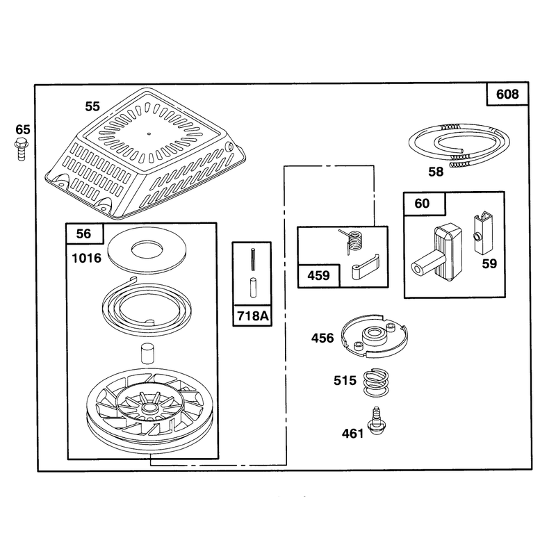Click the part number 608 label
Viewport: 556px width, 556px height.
point(507,95)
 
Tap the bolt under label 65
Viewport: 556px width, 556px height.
point(22,150)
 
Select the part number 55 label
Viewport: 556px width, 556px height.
point(92,106)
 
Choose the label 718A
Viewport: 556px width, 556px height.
point(252,316)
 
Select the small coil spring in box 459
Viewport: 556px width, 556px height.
point(353,241)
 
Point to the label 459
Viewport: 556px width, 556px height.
point(318,275)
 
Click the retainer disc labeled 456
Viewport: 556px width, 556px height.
point(375,335)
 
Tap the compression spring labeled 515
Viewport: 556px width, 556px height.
point(376,383)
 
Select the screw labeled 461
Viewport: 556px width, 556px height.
point(377,421)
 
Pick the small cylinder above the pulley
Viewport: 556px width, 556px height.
point(148,353)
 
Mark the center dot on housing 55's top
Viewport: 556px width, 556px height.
point(149,133)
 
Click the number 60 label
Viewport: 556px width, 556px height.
point(422,204)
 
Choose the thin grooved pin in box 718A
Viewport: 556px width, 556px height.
point(253,259)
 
